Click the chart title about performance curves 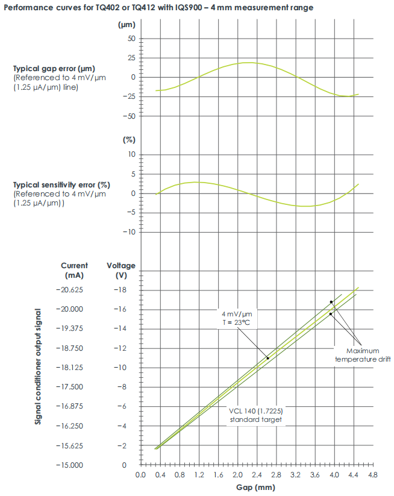point(158,7)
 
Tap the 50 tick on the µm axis point(132,39)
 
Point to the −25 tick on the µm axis point(130,96)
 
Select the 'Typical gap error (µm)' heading point(54,68)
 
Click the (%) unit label point(129,140)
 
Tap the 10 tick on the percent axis point(133,155)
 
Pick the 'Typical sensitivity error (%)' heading point(62,184)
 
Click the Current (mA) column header point(75,270)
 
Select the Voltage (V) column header point(121,270)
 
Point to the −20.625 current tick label point(75,290)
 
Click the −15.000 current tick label point(75,465)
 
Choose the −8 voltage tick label point(123,387)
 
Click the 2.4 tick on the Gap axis point(257,475)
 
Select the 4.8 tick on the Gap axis point(374,475)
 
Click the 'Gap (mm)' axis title point(257,488)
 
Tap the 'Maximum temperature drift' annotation point(363,355)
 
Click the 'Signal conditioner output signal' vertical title point(38,366)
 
